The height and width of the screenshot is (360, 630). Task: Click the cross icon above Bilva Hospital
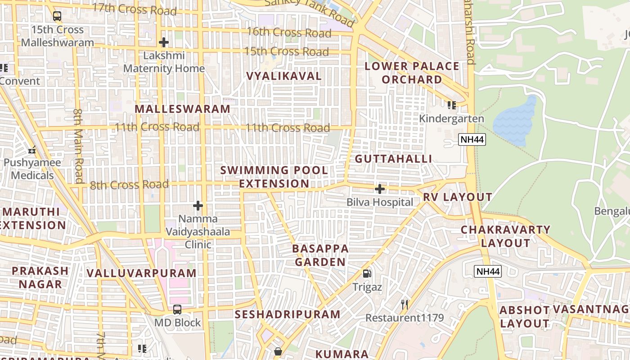pyautogui.click(x=380, y=189)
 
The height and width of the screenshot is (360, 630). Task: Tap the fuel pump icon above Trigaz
pyautogui.click(x=367, y=273)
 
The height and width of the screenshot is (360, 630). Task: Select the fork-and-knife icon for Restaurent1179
pyautogui.click(x=405, y=305)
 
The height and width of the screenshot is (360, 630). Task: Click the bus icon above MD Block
pyautogui.click(x=177, y=310)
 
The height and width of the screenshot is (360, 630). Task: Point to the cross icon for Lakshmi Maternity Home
pyautogui.click(x=164, y=43)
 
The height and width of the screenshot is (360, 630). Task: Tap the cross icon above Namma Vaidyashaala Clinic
pyautogui.click(x=198, y=206)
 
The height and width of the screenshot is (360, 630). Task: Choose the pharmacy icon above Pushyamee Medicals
pyautogui.click(x=32, y=149)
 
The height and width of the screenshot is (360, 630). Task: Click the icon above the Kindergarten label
pyautogui.click(x=452, y=105)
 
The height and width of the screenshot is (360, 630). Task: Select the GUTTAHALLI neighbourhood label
pyautogui.click(x=393, y=159)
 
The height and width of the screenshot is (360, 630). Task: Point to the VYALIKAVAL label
pyautogui.click(x=284, y=76)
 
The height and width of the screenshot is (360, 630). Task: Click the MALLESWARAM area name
pyautogui.click(x=182, y=109)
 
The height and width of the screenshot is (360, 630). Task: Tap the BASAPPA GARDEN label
pyautogui.click(x=320, y=255)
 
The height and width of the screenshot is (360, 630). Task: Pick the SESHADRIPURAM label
pyautogui.click(x=288, y=314)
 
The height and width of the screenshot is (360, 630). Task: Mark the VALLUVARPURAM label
pyautogui.click(x=141, y=273)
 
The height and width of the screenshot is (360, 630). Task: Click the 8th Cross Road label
pyautogui.click(x=129, y=184)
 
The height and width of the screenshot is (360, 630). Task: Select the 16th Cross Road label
pyautogui.click(x=289, y=33)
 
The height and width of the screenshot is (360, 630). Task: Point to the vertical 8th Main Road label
pyautogui.click(x=79, y=146)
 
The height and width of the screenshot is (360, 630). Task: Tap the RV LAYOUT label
pyautogui.click(x=457, y=197)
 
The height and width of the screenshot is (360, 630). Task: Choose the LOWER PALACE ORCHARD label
pyautogui.click(x=412, y=73)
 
